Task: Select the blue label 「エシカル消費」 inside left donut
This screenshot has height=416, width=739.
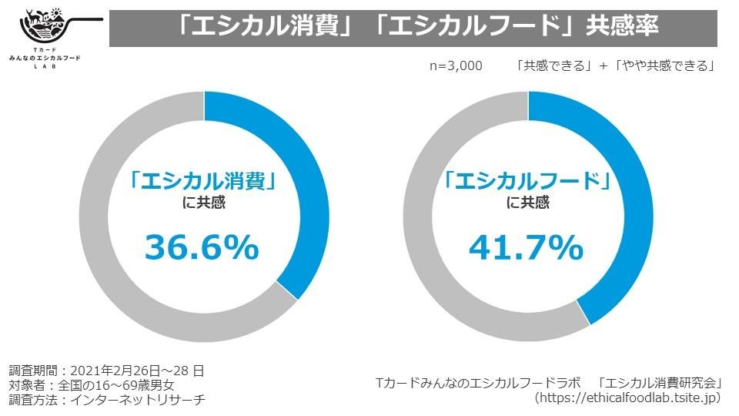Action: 203,182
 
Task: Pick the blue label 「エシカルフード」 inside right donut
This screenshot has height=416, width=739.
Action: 528,182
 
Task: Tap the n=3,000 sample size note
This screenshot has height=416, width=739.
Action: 456,65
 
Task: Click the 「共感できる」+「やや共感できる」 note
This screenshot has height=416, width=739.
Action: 617,65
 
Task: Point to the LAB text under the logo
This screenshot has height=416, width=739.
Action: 52,67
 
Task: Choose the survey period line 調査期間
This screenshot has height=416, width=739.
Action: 106,371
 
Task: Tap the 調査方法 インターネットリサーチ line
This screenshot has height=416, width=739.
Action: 106,400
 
